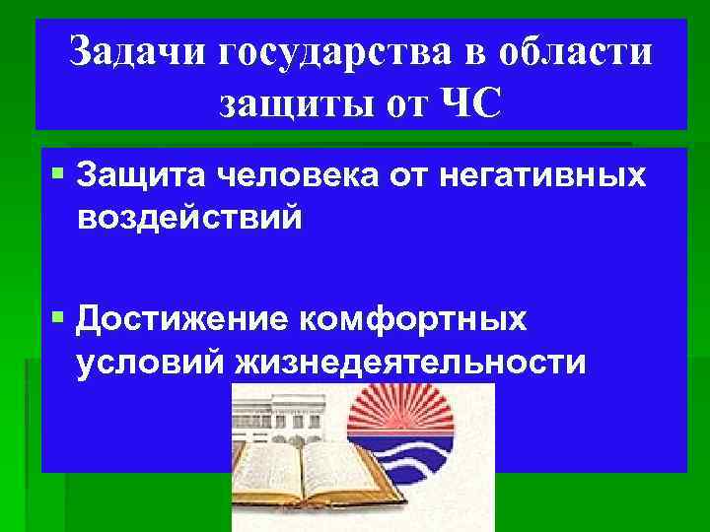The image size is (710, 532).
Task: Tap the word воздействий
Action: point(187,216)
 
